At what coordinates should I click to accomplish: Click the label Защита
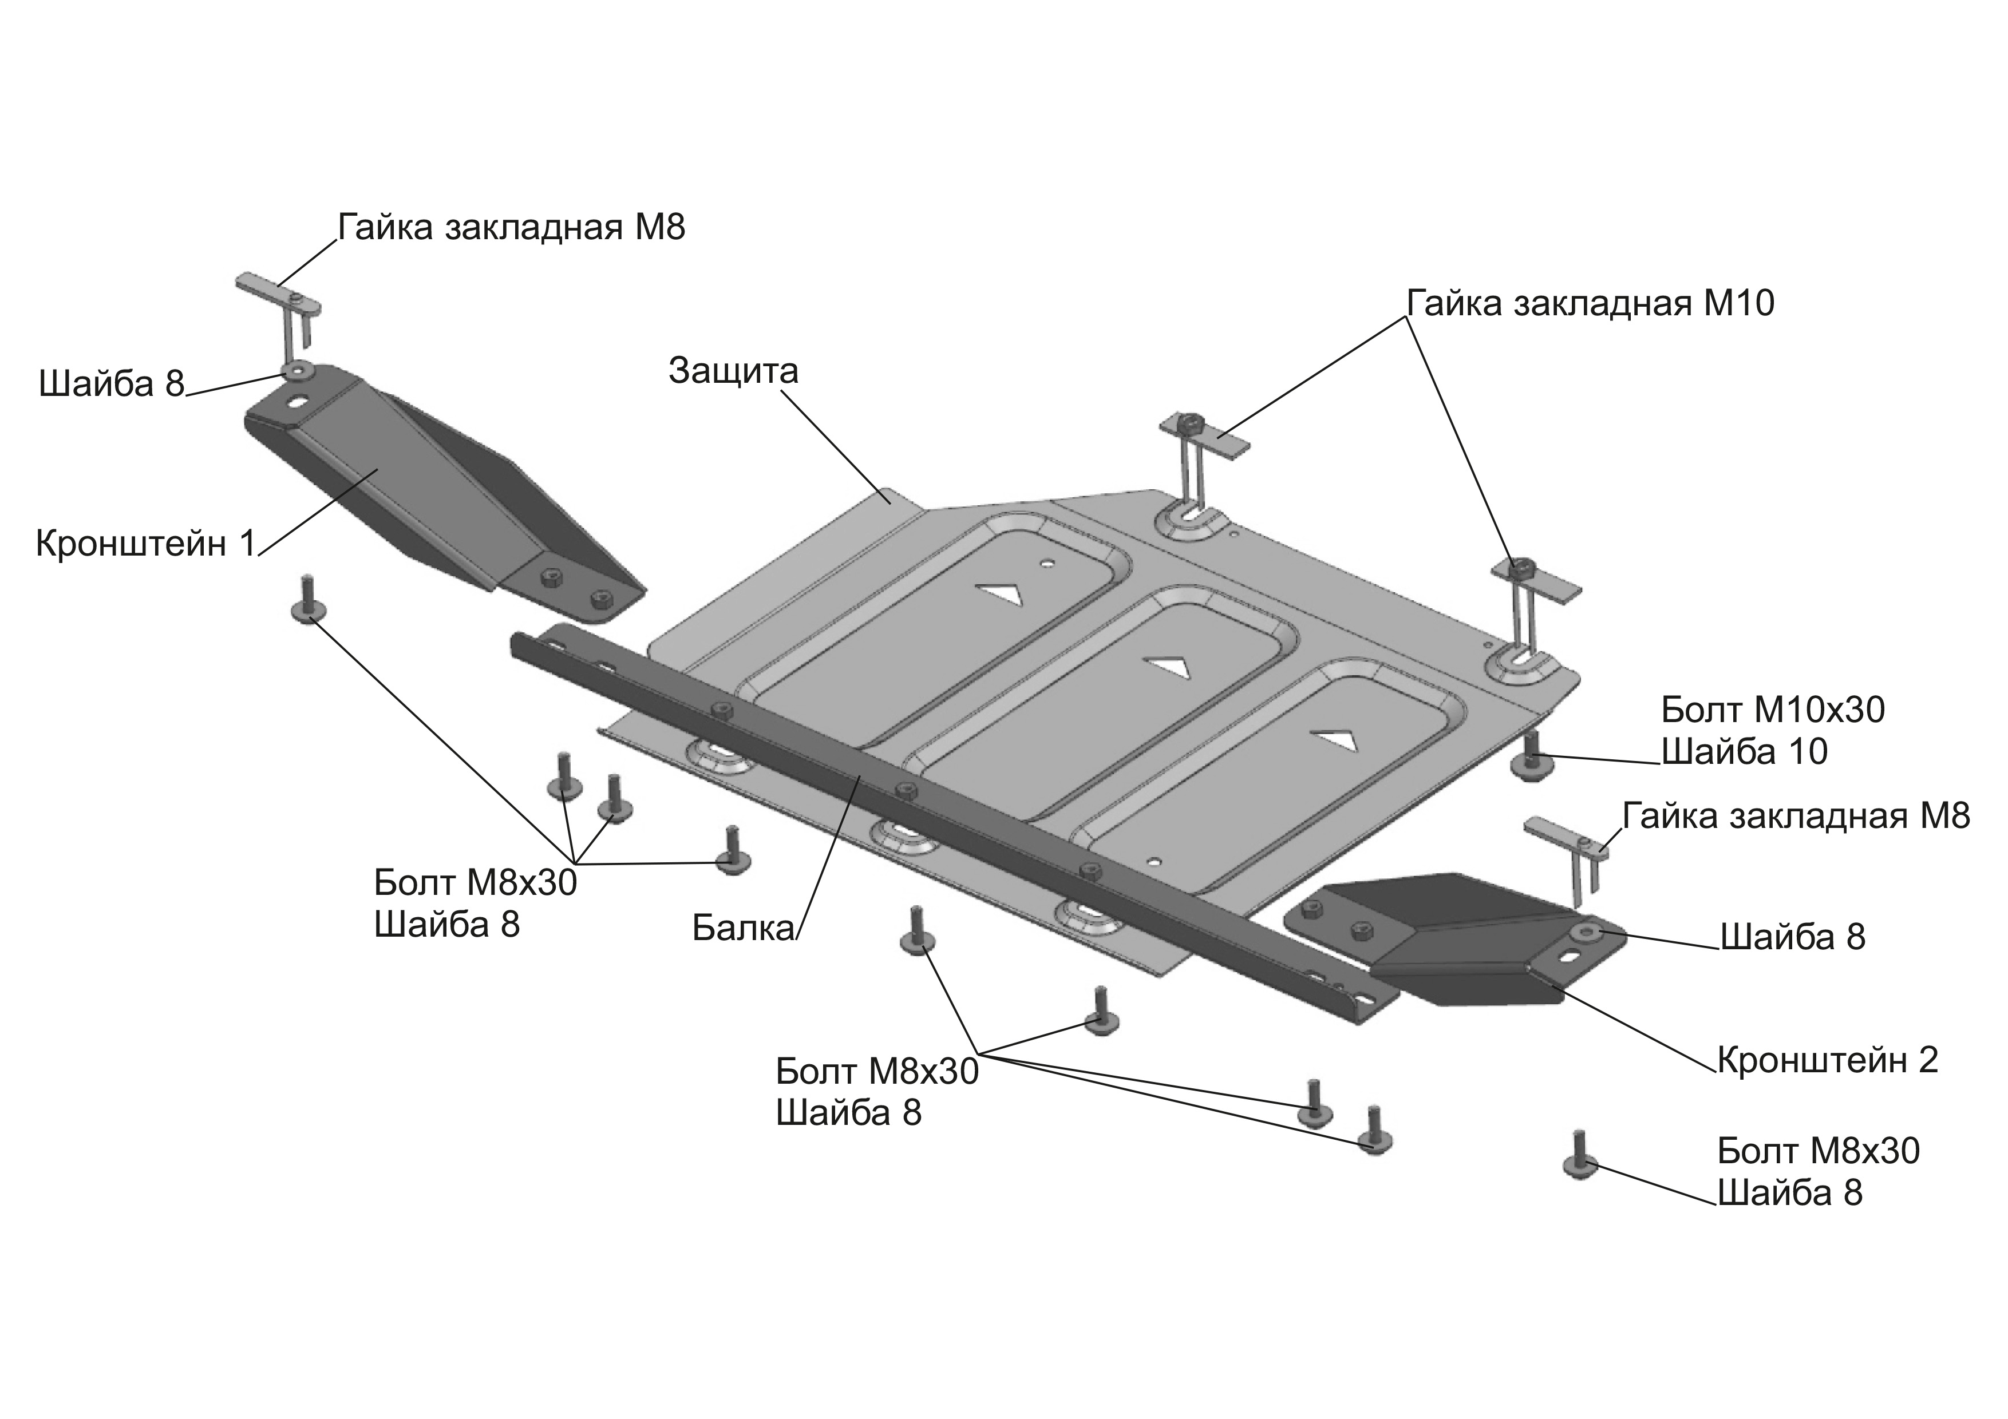(x=734, y=371)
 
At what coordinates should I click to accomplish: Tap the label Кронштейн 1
(x=145, y=544)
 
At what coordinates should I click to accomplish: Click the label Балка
(x=742, y=927)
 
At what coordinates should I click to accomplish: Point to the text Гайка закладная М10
(x=1591, y=303)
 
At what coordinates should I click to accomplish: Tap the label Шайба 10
(x=1745, y=751)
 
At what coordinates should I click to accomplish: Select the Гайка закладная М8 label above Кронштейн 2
(x=1796, y=816)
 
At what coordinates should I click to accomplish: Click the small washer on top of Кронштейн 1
(x=298, y=371)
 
